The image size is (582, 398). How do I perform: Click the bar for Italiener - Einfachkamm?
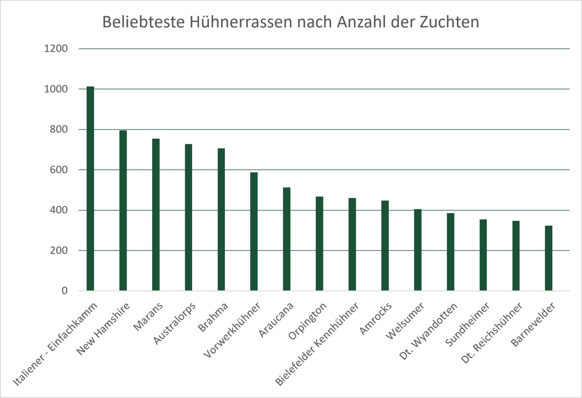[x=90, y=189]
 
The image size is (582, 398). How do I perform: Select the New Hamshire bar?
[x=123, y=210]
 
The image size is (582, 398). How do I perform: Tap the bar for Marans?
[x=156, y=214]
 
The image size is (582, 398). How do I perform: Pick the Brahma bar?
[x=221, y=219]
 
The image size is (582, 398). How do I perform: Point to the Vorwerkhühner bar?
[x=254, y=231]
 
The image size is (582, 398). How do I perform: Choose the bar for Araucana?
[x=287, y=239]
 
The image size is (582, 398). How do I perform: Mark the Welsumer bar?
[x=418, y=250]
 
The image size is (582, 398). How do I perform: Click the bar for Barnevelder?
[x=549, y=258]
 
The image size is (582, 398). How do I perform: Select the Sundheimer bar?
[x=483, y=255]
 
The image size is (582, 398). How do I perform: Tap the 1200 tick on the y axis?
[x=56, y=49]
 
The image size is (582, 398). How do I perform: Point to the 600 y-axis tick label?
[x=59, y=170]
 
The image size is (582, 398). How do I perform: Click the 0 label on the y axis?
[x=65, y=290]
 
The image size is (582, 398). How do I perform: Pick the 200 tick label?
[x=59, y=250]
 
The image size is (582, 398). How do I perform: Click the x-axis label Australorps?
[x=174, y=324]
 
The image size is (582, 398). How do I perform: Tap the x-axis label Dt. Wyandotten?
[x=428, y=331]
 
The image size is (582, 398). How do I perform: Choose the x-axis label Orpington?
[x=307, y=321]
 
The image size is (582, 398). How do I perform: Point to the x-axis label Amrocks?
[x=376, y=318]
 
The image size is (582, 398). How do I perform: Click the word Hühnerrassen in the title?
[x=241, y=22]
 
